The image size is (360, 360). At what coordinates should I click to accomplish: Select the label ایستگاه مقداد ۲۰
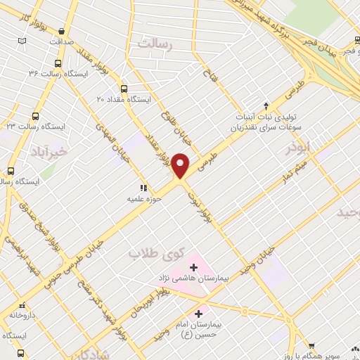[124, 100]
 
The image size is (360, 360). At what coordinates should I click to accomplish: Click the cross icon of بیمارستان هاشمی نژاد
[193, 267]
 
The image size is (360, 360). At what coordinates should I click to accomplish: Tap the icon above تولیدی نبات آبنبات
[266, 104]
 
